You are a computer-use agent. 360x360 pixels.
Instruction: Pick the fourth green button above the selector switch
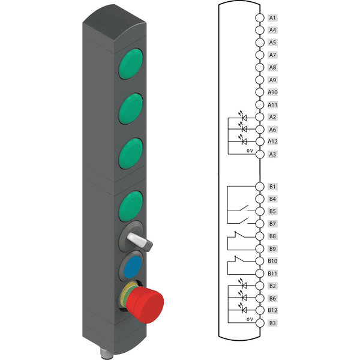[131, 205]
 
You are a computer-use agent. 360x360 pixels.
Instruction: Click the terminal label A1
[272, 17]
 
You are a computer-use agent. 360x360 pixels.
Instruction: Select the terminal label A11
[273, 104]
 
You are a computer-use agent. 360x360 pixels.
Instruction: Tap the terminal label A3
[272, 154]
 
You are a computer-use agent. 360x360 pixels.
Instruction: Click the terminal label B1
[272, 187]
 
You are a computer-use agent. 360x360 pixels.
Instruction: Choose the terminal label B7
[272, 224]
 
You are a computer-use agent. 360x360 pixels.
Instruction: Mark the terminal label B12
[273, 310]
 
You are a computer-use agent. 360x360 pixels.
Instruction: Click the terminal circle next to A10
[259, 92]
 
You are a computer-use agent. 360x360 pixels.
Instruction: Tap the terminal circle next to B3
[259, 323]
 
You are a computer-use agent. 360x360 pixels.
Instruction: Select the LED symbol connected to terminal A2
[243, 116]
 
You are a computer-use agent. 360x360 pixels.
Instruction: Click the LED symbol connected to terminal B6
[243, 297]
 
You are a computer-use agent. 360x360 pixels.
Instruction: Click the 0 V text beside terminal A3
[250, 152]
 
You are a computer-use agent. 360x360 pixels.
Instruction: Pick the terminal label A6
[272, 129]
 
